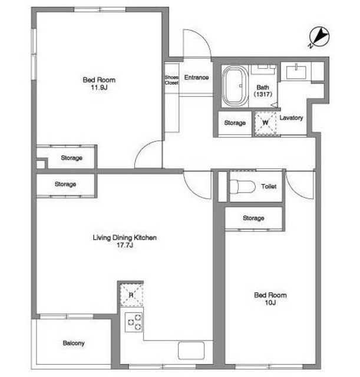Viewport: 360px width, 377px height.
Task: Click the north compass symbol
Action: click(x=319, y=37)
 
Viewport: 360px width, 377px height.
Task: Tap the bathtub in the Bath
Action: click(x=235, y=86)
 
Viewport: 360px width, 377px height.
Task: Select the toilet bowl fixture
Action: click(x=242, y=187)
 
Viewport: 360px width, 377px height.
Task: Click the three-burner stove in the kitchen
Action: click(x=134, y=322)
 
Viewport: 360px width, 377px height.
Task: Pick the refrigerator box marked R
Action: click(x=131, y=295)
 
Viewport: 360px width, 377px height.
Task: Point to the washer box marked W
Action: click(x=266, y=123)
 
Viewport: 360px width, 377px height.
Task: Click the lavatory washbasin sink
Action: click(x=296, y=72)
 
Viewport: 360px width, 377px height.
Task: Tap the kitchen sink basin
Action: click(x=191, y=350)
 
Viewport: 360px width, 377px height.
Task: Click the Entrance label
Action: click(x=196, y=77)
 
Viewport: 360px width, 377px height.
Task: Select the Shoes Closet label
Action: click(x=171, y=80)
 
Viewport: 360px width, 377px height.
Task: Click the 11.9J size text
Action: click(x=99, y=88)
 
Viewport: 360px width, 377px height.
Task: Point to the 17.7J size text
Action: click(x=125, y=245)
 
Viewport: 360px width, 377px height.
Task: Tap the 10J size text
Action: click(x=270, y=303)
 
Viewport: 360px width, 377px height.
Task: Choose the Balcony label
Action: click(x=74, y=343)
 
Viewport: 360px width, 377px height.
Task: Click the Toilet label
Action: click(x=269, y=186)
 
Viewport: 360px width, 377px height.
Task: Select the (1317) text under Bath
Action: click(x=263, y=94)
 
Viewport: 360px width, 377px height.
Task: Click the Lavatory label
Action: click(x=291, y=118)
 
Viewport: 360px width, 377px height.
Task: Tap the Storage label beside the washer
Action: click(x=235, y=123)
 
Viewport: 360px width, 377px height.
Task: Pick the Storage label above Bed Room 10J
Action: click(x=253, y=218)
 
